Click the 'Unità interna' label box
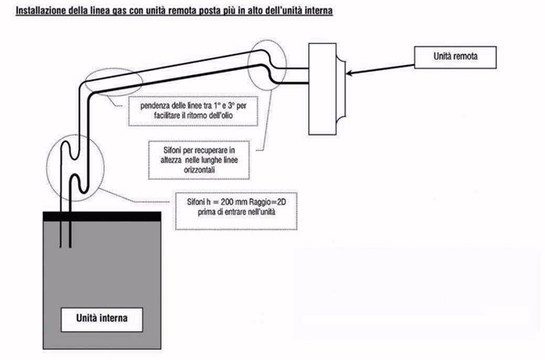click(105, 319)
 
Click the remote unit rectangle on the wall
click(326, 88)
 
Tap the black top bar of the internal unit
click(100, 216)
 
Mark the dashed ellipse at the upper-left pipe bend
click(110, 82)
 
